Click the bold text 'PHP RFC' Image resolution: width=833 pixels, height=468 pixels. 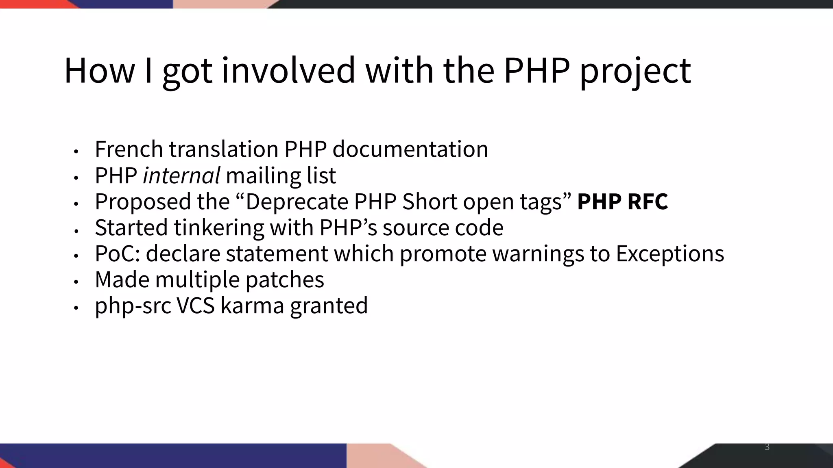click(622, 201)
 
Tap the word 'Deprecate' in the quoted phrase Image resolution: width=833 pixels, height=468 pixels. click(297, 201)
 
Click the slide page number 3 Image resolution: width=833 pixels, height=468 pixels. click(767, 447)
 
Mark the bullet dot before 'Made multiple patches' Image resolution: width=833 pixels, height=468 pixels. click(76, 281)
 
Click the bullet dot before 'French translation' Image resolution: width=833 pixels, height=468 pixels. click(76, 151)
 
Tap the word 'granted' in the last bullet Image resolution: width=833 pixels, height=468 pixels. click(329, 306)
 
